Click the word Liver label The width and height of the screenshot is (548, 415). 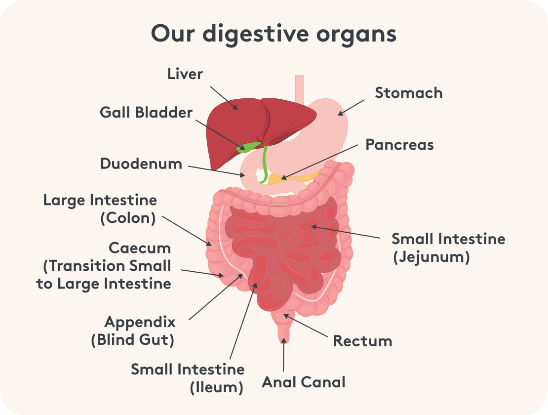185,74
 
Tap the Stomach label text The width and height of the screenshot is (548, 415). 409,93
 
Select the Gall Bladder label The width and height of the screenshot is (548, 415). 146,113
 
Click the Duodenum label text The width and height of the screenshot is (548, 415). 141,164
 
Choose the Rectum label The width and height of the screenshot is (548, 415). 362,341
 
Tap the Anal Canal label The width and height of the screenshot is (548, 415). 304,382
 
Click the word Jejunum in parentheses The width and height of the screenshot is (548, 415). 431,257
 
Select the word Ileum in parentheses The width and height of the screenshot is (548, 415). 217,387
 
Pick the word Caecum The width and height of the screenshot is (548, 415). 140,248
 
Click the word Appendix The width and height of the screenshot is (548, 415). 140,323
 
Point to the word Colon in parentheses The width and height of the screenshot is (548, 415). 128,218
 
